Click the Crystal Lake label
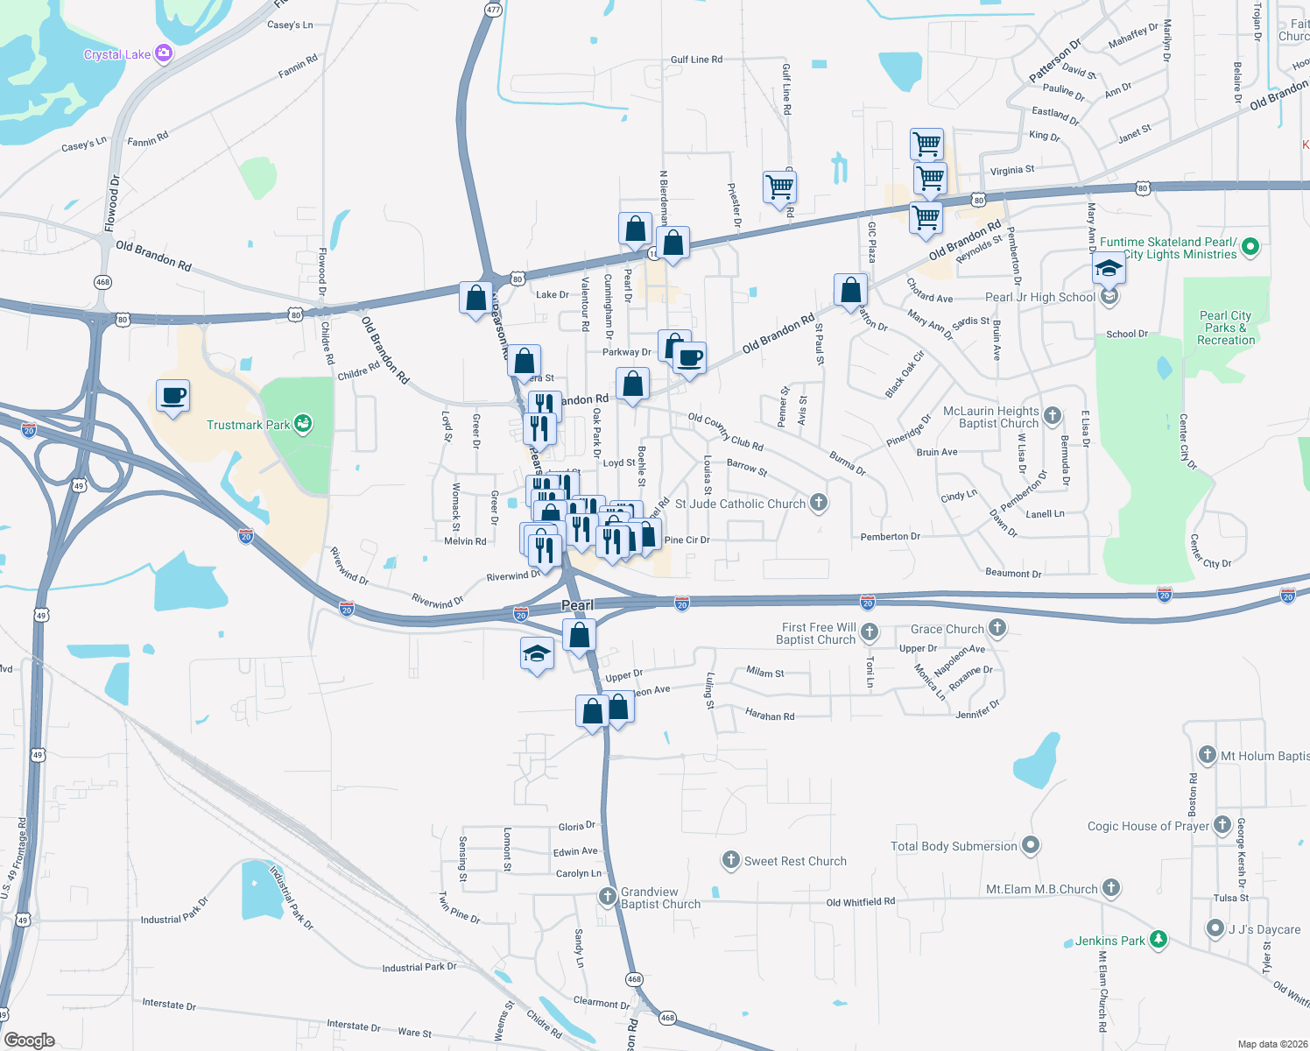pos(117,54)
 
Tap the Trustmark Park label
pos(248,425)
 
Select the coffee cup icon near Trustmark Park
pos(173,396)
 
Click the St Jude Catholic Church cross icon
pos(819,503)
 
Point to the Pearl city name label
pos(577,605)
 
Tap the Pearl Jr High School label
pos(1039,297)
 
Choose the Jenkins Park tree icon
pos(1159,940)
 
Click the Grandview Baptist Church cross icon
pos(607,896)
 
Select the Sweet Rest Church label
pos(795,861)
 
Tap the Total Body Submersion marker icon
pos(1031,845)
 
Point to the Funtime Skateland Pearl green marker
pos(1250,247)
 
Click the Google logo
pos(30,1040)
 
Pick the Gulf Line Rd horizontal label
pos(696,60)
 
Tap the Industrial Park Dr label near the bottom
pos(419,967)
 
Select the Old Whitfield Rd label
pos(860,901)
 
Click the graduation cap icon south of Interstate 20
pos(537,654)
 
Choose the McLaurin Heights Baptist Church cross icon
pos(1053,415)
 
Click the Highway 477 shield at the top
pos(493,10)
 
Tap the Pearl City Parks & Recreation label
pos(1226,328)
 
